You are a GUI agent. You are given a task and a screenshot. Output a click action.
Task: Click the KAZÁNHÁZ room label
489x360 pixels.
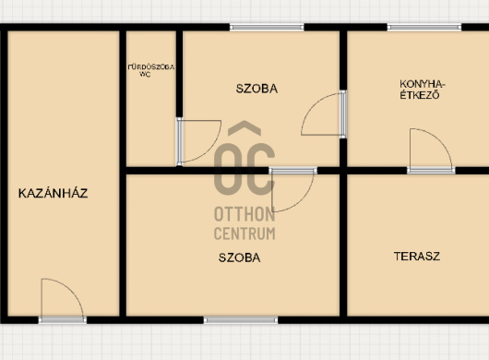pos(53,193)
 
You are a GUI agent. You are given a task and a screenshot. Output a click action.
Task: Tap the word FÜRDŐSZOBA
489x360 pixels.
pos(151,67)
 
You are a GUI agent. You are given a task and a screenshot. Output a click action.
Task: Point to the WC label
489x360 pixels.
pos(145,75)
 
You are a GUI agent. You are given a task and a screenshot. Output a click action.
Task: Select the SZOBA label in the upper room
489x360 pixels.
pos(256,89)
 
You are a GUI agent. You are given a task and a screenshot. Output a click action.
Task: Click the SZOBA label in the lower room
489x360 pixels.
pos(240,258)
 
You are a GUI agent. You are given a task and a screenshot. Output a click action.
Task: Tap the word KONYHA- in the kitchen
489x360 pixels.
pos(423,84)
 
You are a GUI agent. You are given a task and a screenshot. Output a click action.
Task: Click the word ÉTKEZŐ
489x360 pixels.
pos(420,95)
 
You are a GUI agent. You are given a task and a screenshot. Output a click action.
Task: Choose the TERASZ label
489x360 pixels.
pos(417,257)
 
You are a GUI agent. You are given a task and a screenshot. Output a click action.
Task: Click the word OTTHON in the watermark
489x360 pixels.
pos(244,214)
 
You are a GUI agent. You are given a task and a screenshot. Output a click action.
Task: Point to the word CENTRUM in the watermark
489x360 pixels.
pos(244,234)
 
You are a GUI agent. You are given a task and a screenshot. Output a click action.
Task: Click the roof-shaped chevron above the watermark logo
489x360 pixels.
pos(244,128)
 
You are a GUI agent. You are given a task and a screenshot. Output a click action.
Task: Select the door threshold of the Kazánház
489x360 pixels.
pos(63,319)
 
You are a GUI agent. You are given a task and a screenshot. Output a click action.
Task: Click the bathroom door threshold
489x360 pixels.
pos(179,141)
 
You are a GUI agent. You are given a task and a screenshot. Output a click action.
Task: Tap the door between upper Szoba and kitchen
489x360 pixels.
pos(342,114)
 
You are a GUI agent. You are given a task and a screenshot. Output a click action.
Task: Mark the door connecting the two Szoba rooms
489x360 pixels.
pos(292,171)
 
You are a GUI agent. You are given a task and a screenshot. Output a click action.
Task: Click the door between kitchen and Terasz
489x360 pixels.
pos(431,171)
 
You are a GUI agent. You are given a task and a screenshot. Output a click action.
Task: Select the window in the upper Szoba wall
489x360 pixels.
pos(267,27)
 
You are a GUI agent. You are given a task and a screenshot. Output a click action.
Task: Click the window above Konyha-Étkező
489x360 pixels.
pos(424,27)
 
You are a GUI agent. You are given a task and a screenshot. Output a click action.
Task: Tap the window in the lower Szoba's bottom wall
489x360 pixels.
pos(241,319)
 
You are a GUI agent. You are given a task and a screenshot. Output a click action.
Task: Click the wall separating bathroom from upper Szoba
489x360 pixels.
pos(179,74)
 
